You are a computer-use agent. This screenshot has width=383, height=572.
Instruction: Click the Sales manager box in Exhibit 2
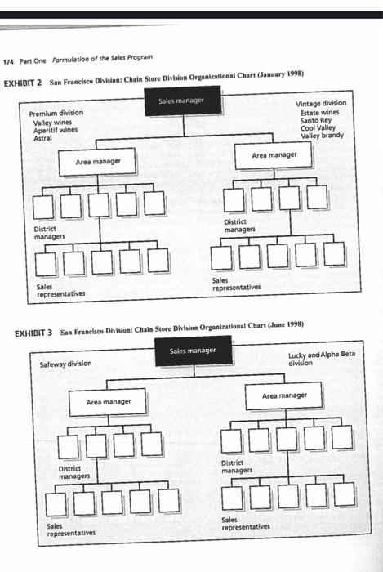[x=181, y=101]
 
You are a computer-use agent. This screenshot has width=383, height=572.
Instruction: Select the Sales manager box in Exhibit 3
[x=192, y=351]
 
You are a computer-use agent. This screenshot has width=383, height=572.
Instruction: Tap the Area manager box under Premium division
[x=97, y=163]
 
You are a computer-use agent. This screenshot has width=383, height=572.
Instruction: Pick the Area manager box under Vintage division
[x=274, y=155]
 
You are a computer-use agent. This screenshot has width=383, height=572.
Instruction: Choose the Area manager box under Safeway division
[x=109, y=402]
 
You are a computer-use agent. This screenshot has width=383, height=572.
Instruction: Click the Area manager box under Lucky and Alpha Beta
[x=285, y=396]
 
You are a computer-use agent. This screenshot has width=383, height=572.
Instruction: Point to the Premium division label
[x=56, y=113]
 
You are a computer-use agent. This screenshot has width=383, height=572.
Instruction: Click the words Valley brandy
[x=322, y=136]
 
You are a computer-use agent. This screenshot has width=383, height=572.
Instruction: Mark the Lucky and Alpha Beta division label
[x=321, y=360]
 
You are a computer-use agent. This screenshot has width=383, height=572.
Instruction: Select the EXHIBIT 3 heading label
[x=34, y=333]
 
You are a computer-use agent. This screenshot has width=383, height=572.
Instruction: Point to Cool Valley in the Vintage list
[x=318, y=128]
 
